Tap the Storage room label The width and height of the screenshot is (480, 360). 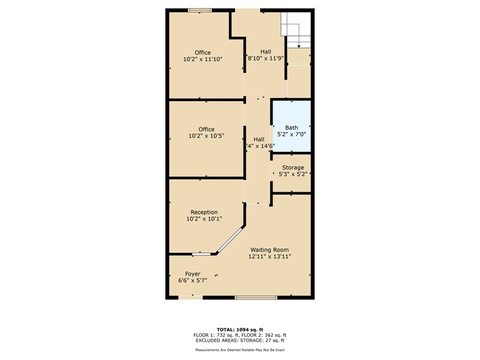pos(293,168)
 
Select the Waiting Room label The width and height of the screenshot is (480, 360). pos(269,250)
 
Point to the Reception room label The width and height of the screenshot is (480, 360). pos(204,212)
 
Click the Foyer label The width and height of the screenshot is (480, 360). pos(193,274)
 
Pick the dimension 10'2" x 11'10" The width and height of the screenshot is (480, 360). pos(203,59)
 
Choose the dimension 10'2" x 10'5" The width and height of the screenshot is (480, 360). pos(206,136)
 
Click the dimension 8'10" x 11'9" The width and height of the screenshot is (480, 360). pos(266,58)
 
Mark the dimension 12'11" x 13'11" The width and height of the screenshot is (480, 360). pos(269,257)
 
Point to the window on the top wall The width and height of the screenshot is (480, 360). pos(200,10)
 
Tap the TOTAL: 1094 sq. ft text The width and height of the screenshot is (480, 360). pos(240,329)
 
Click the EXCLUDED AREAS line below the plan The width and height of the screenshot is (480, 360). pos(240,340)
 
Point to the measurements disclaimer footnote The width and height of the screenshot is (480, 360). pos(240,350)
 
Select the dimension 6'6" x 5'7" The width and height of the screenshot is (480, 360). pos(189,280)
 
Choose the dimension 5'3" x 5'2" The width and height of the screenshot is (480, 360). pos(291,174)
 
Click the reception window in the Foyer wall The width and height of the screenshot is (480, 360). pos(200,253)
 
